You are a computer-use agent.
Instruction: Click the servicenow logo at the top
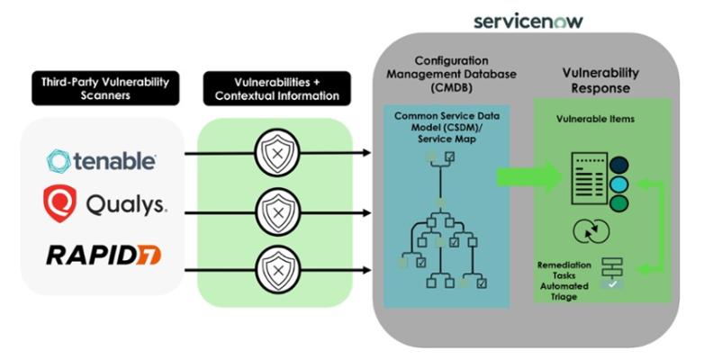pos(527,19)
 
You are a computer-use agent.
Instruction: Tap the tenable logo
pos(102,161)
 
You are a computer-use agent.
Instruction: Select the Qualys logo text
pos(126,204)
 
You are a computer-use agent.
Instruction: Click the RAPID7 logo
pos(104,255)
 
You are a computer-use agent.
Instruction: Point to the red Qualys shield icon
pos(59,203)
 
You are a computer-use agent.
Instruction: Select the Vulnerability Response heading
pos(602,80)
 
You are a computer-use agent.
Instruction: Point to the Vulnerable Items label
pos(602,119)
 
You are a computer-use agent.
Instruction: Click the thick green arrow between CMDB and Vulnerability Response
pos(527,176)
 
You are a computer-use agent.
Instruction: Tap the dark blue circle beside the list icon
pos(618,166)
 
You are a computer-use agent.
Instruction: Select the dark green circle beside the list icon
pos(618,202)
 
